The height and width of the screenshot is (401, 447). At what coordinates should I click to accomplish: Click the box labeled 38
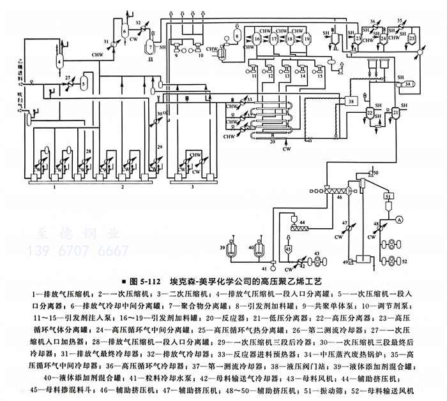[350, 101]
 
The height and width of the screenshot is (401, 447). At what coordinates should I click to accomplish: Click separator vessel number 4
[59, 61]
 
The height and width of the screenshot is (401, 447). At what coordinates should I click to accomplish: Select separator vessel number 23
[359, 39]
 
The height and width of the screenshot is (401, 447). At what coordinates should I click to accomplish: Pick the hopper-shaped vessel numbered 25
[412, 40]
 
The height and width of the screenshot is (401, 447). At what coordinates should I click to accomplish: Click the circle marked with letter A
[399, 219]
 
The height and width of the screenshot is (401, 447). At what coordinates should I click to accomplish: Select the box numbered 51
[387, 199]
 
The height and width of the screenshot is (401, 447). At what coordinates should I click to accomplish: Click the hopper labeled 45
[289, 249]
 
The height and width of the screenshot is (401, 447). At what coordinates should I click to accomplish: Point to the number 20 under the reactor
[272, 142]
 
